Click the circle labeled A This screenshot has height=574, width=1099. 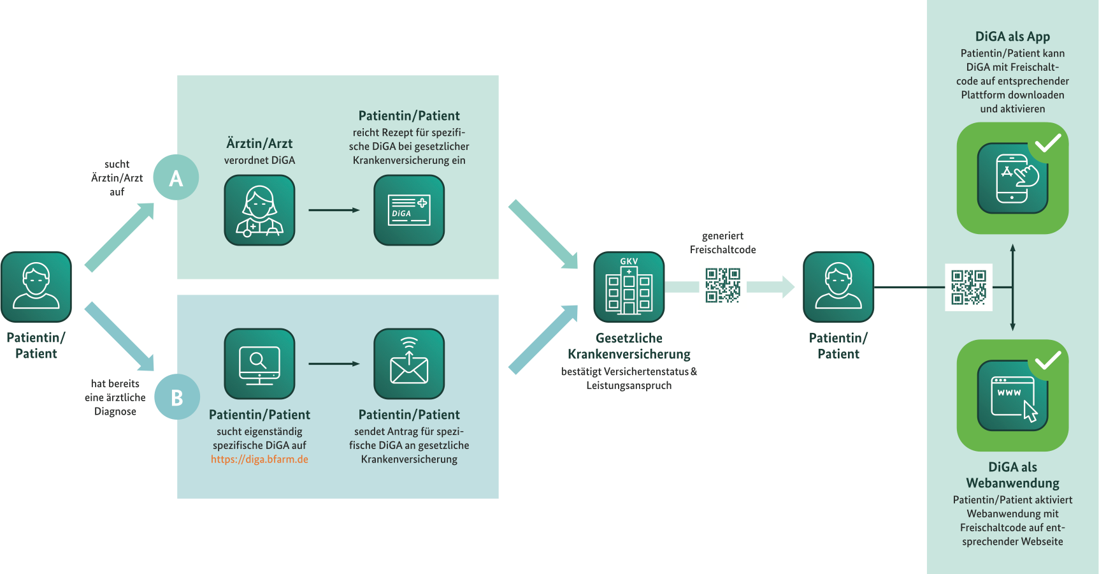176,177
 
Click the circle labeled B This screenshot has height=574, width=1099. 177,397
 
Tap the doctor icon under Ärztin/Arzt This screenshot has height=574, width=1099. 259,210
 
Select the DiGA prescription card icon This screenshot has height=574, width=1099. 409,210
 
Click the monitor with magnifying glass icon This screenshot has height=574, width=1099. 259,364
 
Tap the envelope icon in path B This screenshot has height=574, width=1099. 409,364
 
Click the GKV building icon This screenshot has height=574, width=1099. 629,287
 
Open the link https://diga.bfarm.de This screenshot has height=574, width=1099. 259,459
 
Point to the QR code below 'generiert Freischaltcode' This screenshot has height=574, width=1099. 722,285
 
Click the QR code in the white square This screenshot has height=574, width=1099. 968,287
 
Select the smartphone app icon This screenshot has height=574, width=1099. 1012,179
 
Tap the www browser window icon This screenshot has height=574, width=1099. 1012,395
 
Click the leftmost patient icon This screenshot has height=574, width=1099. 36,287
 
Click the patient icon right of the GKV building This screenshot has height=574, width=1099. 838,287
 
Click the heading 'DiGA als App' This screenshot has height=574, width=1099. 1012,36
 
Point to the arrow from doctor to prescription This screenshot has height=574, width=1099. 334,210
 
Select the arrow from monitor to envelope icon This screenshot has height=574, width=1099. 334,364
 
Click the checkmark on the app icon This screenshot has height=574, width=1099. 1048,143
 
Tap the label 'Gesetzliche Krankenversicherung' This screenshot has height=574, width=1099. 629,346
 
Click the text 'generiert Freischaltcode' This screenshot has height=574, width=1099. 722,243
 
